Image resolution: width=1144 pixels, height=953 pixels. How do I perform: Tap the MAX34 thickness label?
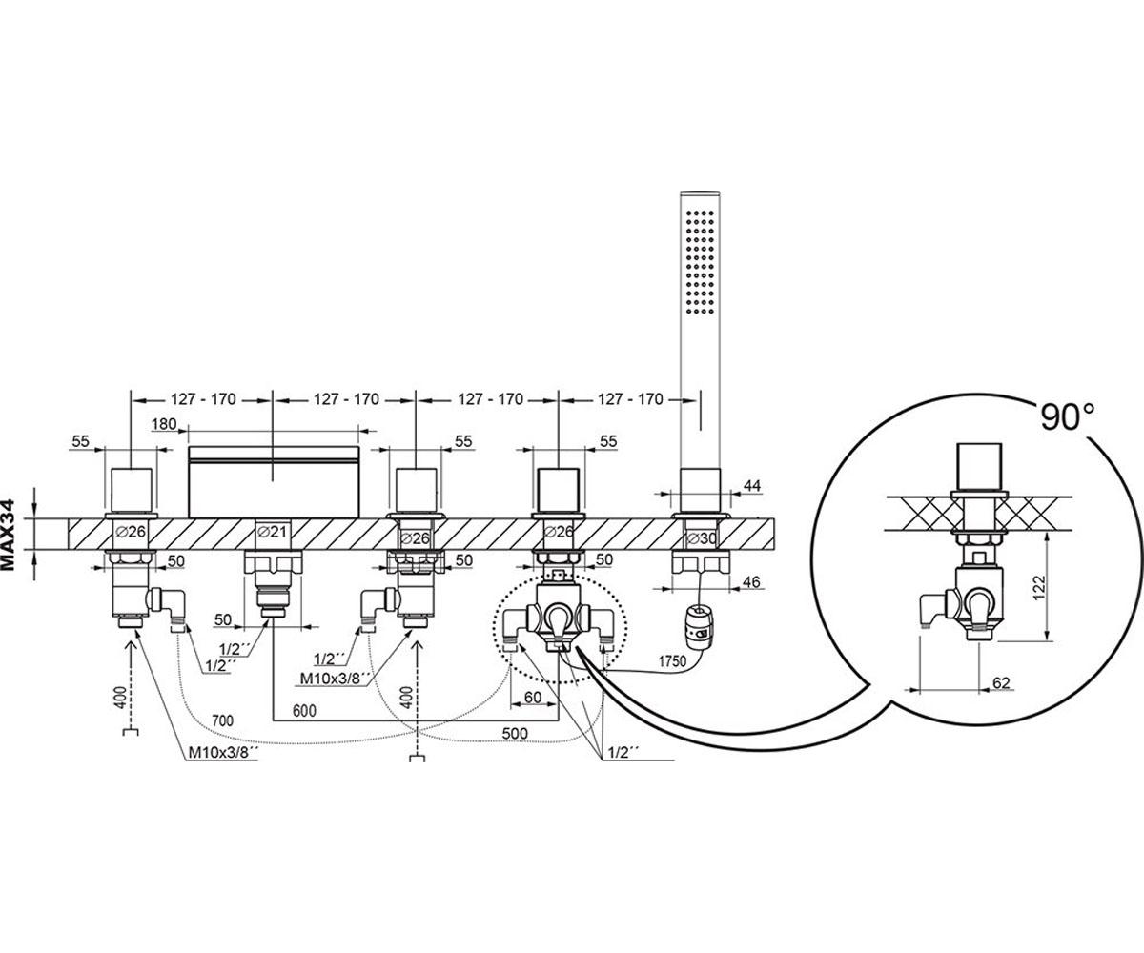coord(9,535)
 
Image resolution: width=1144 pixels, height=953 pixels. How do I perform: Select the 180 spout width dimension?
coord(164,424)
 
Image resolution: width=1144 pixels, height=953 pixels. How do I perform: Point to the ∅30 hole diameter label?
coord(703,538)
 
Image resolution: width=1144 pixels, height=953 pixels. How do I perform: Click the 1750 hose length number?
coord(672,661)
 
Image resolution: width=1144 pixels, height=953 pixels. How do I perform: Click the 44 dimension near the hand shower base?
coord(753,486)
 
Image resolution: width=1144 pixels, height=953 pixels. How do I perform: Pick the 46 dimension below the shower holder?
coord(753,581)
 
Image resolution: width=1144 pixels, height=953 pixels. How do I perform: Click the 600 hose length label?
coord(304,710)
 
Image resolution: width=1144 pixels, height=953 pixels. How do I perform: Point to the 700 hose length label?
coord(222,720)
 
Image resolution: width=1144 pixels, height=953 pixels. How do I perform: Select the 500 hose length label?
coord(515,733)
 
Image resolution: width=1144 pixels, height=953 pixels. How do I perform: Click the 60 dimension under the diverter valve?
coord(533,698)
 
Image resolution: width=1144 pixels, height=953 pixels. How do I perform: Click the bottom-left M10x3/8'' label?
coord(223,753)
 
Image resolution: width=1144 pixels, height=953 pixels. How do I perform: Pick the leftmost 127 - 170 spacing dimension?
coord(203,399)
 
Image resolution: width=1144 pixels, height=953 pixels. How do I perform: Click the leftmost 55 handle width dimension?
coord(80,441)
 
